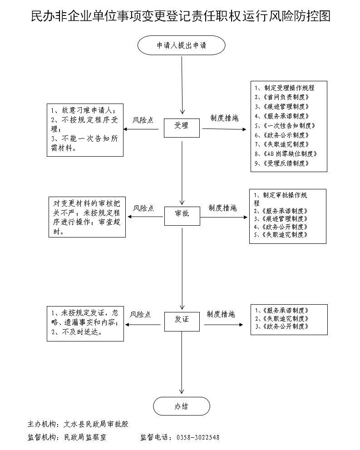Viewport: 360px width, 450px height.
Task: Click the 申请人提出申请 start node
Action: coord(181,46)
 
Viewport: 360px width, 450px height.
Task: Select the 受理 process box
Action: coord(182,126)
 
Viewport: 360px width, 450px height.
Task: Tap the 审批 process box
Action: coord(182,213)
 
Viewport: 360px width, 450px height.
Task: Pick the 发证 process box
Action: coord(182,319)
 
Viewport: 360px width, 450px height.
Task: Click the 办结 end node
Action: coord(182,406)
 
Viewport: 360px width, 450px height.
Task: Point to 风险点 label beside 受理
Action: coord(143,121)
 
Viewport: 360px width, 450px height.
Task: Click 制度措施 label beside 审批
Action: coord(222,208)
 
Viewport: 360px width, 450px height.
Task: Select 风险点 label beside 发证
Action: coord(140,314)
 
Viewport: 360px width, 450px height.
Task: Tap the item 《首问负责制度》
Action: coord(284,97)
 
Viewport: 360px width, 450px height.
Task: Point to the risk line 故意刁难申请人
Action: coord(84,111)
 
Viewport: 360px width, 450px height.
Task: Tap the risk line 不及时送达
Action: coord(78,332)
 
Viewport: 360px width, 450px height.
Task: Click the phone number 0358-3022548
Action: coord(197,438)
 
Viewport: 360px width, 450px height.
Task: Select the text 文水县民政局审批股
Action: coord(96,424)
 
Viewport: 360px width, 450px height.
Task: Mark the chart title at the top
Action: coord(180,17)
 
